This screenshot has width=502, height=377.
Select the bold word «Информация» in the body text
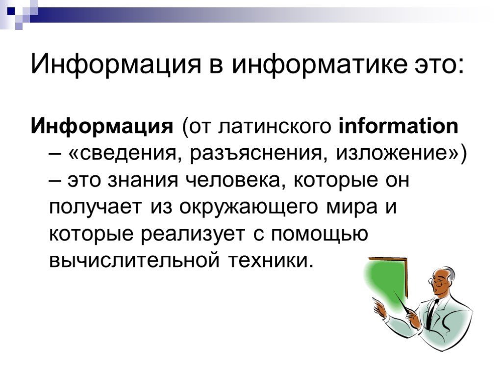[102, 126]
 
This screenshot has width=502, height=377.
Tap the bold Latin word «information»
[398, 126]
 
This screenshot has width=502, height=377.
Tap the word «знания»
[143, 181]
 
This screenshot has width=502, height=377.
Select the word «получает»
[95, 208]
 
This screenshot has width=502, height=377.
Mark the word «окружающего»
[248, 208]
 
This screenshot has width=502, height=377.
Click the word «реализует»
[193, 235]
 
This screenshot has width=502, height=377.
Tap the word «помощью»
[320, 235]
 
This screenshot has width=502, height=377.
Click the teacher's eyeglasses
[437, 283]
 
